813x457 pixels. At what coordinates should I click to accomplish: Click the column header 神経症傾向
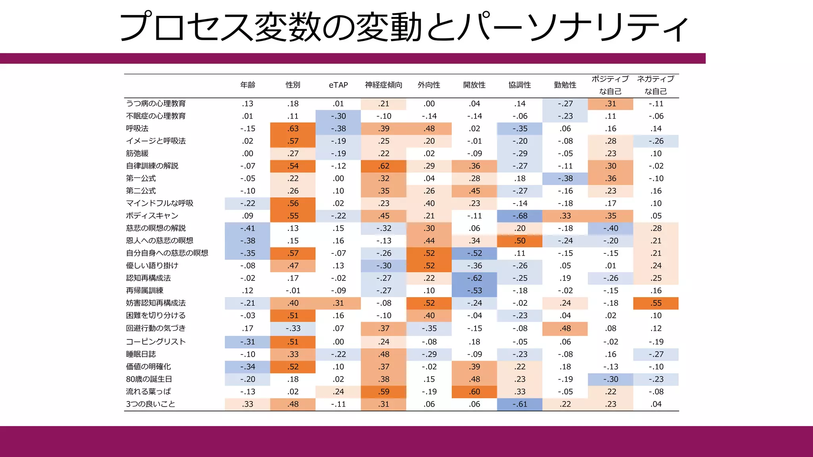383,85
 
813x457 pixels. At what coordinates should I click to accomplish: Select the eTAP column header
338,85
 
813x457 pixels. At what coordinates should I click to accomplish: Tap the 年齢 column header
248,85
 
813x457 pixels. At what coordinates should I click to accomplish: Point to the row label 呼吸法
137,129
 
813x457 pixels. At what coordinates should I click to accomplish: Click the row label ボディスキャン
152,216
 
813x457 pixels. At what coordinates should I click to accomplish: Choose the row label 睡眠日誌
141,354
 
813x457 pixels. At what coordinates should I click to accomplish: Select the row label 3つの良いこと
150,404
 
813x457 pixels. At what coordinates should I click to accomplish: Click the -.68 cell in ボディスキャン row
520,216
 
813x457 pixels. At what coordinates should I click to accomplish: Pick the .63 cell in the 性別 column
293,129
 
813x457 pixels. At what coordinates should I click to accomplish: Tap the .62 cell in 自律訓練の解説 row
383,166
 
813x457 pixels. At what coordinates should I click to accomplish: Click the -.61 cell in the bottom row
520,404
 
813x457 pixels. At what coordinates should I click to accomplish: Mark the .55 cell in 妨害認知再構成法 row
656,303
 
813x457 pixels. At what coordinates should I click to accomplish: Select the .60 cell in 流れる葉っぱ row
474,392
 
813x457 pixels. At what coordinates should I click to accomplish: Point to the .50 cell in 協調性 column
520,241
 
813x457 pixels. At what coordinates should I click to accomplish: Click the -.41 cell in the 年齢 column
248,228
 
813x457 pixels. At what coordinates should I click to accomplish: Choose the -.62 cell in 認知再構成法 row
474,278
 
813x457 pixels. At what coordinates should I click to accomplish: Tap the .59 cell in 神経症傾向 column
383,392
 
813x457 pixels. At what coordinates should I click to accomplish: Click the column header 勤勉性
565,85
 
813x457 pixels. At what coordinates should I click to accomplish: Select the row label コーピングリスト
156,342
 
